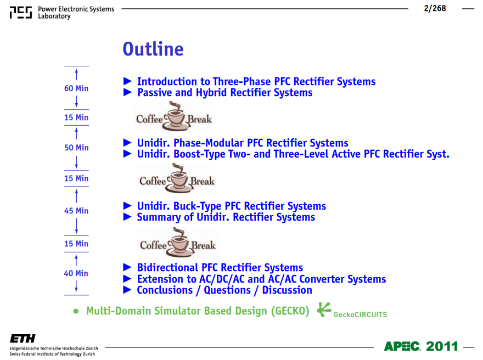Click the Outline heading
click(x=153, y=49)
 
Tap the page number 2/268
click(x=435, y=8)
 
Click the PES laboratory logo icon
click(x=21, y=12)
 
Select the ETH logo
click(x=23, y=339)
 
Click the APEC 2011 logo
click(x=421, y=346)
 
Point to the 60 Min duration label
click(x=76, y=88)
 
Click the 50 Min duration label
click(x=76, y=148)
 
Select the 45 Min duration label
click(x=76, y=211)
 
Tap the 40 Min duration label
click(x=76, y=273)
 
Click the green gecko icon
click(x=324, y=309)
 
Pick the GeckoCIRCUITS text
click(x=360, y=314)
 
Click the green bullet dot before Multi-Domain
click(x=76, y=311)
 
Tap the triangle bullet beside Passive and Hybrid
click(x=127, y=92)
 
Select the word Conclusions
click(x=165, y=290)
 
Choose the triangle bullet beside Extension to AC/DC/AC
click(x=127, y=279)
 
